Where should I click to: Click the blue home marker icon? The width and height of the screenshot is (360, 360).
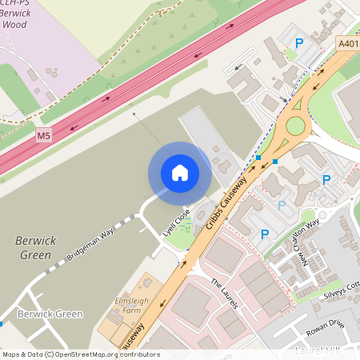coord(180,173)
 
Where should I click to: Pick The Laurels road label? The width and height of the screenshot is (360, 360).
coord(226,293)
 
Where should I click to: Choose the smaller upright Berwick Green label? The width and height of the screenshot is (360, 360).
coord(50,314)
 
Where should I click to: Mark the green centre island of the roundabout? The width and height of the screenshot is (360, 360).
coord(296,126)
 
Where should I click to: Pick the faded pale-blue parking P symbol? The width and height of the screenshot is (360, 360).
coord(281,206)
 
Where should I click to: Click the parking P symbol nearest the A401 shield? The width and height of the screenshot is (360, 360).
coord(300,44)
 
